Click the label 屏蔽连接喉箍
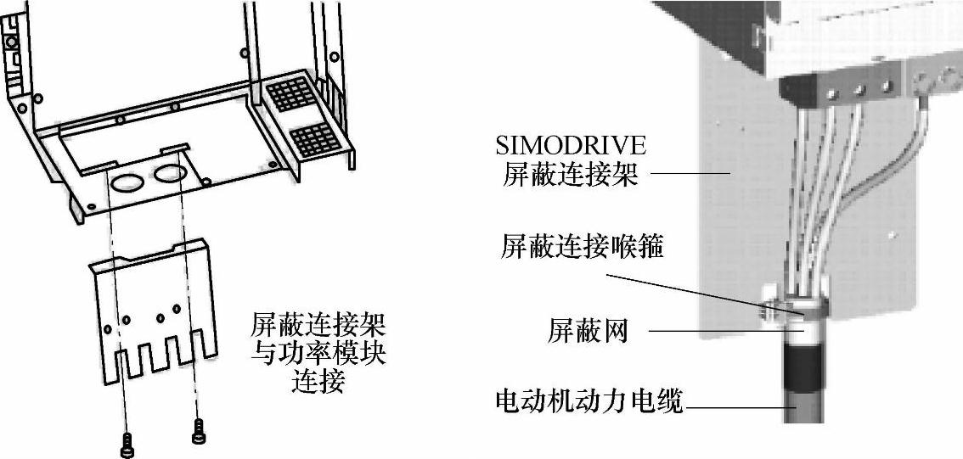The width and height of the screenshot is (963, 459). click(583, 249)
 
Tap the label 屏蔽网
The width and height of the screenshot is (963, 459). click(587, 331)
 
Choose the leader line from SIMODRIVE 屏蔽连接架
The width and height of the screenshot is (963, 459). click(689, 174)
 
